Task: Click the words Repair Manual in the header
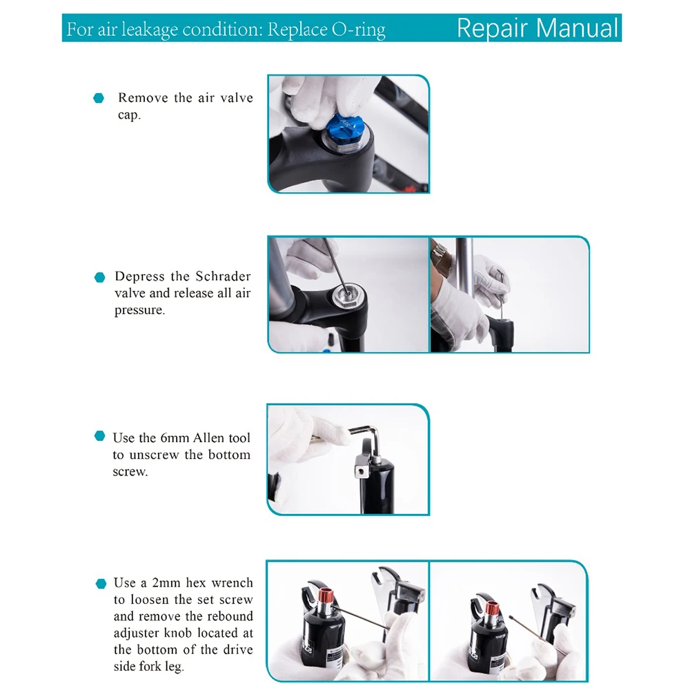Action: click(538, 28)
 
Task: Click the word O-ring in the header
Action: click(358, 30)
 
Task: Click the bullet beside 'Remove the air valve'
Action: click(99, 98)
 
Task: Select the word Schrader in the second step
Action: click(223, 276)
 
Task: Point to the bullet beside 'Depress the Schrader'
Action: click(100, 277)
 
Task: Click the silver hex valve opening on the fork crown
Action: click(346, 294)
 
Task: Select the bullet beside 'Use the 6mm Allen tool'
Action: click(100, 435)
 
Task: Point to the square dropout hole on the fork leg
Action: click(360, 471)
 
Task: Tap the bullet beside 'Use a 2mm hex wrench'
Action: click(101, 584)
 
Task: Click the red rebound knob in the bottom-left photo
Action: click(326, 595)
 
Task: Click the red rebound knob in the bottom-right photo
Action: click(491, 609)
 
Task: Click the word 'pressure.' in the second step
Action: click(139, 310)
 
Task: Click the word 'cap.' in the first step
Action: click(130, 115)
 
